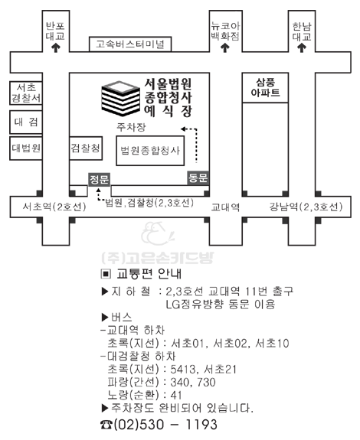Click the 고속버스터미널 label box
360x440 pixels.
(130, 44)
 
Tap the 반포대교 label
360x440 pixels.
(56, 31)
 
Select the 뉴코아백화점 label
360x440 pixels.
(225, 31)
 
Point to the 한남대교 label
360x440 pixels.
(302, 31)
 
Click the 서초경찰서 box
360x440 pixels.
(26, 93)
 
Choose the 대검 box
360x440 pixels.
(26, 122)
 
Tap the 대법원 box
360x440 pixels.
(26, 148)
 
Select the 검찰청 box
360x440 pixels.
(86, 148)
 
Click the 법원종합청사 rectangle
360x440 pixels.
(150, 151)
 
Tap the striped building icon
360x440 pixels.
(120, 98)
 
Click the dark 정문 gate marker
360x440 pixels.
(99, 179)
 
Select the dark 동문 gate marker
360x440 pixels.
(198, 178)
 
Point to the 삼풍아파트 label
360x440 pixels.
(265, 87)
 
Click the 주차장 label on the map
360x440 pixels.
(132, 127)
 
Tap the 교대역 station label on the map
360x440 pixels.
(225, 207)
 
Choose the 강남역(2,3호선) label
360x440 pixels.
(306, 207)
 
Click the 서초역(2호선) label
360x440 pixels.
(54, 207)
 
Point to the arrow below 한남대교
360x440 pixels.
(302, 48)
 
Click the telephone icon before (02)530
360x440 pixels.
(106, 425)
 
